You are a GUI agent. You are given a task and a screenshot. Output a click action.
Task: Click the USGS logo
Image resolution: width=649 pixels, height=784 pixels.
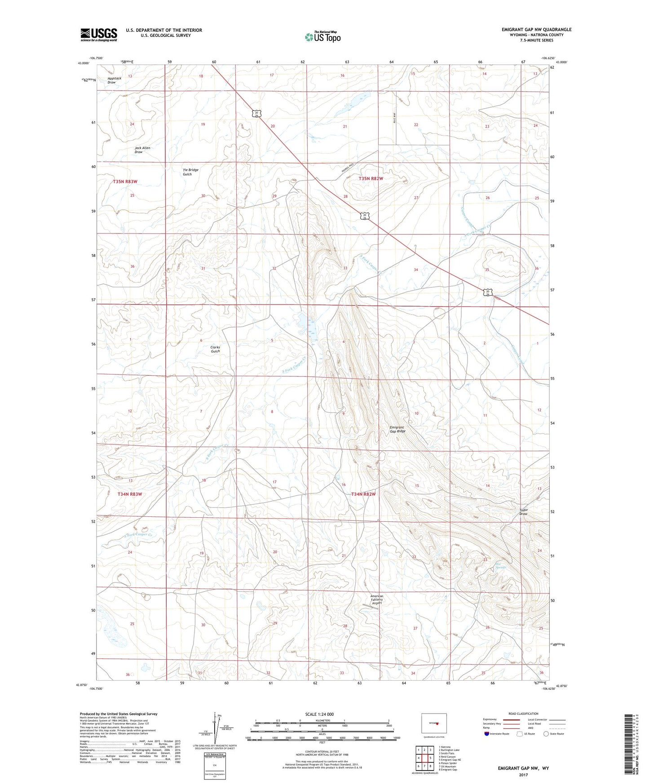pos(99,35)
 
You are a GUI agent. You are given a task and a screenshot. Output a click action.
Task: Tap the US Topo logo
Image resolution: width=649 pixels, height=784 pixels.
pos(322,37)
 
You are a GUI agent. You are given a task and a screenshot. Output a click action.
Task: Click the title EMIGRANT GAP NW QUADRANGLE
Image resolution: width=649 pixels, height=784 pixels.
pos(536,30)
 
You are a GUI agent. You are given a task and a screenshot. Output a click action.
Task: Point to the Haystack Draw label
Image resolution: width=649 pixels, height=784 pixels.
pos(112,80)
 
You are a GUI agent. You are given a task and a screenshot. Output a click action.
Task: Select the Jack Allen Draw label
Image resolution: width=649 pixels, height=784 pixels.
pos(142,150)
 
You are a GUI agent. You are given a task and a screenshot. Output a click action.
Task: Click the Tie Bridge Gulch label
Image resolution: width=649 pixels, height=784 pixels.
pos(190,172)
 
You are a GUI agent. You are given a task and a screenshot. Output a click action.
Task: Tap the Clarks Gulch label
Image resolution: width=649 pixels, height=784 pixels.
pos(215,349)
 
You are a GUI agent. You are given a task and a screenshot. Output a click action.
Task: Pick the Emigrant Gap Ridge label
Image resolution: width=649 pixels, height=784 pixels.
pos(397,429)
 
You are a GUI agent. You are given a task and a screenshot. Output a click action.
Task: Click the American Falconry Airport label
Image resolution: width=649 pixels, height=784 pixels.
pos(377,599)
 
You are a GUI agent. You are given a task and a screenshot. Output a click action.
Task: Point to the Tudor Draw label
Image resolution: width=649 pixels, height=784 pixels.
pos(523,512)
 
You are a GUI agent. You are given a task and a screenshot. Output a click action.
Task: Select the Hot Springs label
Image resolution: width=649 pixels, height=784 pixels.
pos(500,566)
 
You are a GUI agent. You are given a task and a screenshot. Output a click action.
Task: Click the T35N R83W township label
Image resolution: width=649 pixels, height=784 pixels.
pos(124,181)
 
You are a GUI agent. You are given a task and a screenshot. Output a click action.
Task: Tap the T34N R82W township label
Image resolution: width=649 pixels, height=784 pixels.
pos(363,494)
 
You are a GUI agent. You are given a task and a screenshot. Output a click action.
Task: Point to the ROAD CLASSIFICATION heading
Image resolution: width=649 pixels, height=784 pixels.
pos(524,714)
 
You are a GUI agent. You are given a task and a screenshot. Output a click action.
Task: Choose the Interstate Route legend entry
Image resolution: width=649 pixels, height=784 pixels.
pos(496,734)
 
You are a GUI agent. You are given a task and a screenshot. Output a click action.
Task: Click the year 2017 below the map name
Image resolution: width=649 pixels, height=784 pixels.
pos(523,775)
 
